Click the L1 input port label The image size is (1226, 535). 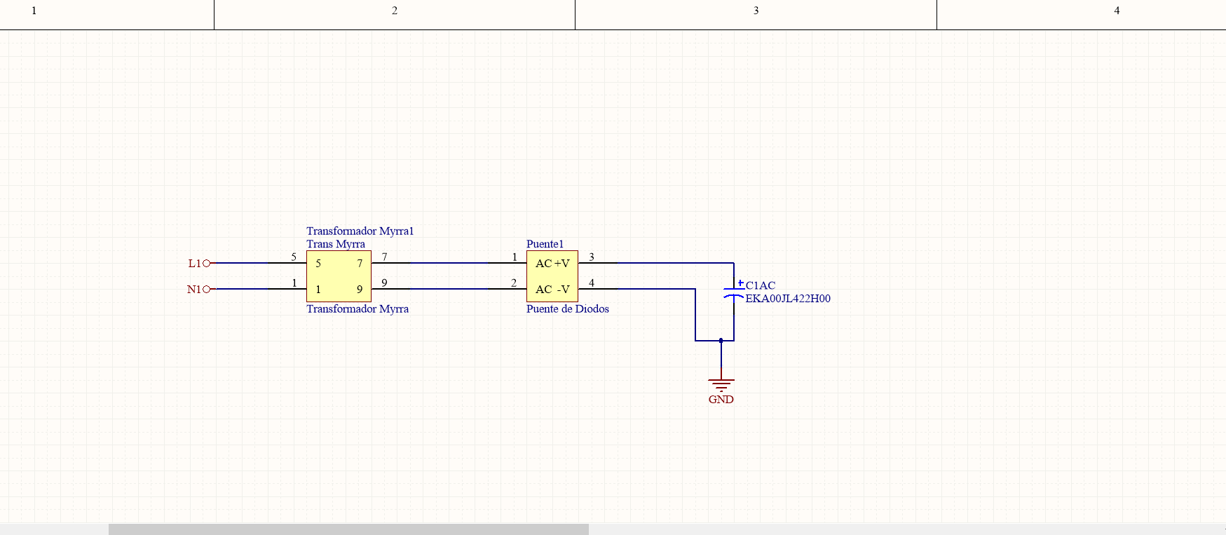[x=194, y=264]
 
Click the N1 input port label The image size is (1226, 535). [x=194, y=289]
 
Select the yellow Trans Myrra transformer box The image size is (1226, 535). [x=339, y=276]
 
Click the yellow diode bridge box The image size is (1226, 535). [x=552, y=276]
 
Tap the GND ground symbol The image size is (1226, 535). [x=721, y=384]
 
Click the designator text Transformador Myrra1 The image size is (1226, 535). [x=360, y=231]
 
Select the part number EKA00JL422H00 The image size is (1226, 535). [x=788, y=299]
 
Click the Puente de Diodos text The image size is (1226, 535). [x=568, y=309]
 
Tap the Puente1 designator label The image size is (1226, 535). [x=545, y=244]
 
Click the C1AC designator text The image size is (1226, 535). [x=761, y=285]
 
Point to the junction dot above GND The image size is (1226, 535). [x=721, y=341]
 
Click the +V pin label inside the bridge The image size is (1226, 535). [x=561, y=264]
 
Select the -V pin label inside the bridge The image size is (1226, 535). [x=563, y=290]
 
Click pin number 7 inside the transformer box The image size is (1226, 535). [x=360, y=264]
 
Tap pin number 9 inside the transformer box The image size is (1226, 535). [x=360, y=290]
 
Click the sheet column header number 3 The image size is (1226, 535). [x=756, y=11]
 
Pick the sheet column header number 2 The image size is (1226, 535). [x=395, y=11]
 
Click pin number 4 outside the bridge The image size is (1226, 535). [x=592, y=283]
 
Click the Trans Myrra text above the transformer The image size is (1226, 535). [x=336, y=244]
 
